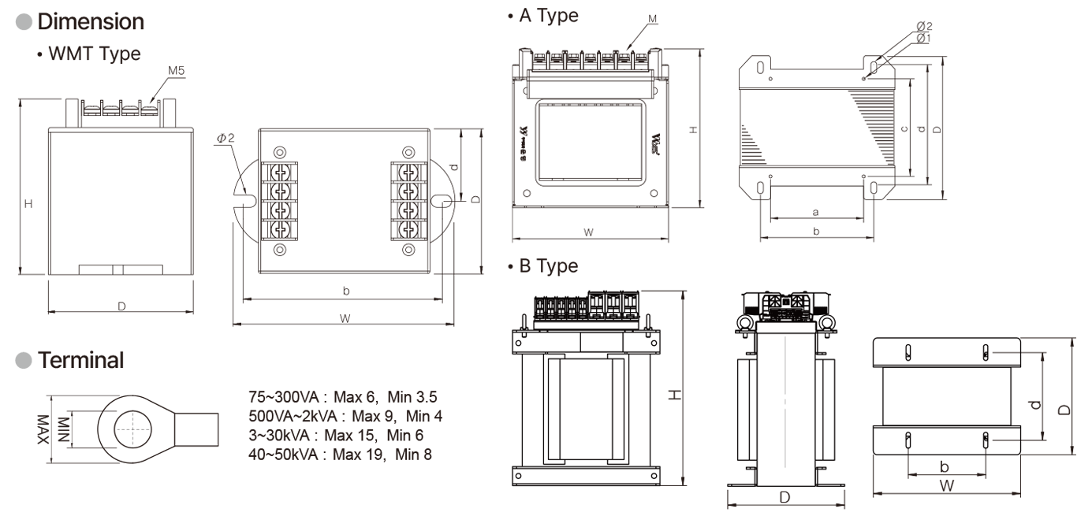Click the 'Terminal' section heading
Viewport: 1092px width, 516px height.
(x=81, y=361)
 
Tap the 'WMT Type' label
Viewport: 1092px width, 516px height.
(x=94, y=55)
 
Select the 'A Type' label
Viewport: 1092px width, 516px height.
(x=548, y=17)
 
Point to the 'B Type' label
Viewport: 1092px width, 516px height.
(x=548, y=266)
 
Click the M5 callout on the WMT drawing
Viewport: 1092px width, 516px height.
(x=177, y=71)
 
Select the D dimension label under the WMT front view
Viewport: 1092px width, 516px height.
(x=121, y=306)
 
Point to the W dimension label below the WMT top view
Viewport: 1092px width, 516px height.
(x=345, y=317)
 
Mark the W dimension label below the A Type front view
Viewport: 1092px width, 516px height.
(x=588, y=232)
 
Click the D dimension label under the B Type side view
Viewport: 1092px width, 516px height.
(x=785, y=497)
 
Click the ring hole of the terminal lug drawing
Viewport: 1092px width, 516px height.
(x=130, y=431)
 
